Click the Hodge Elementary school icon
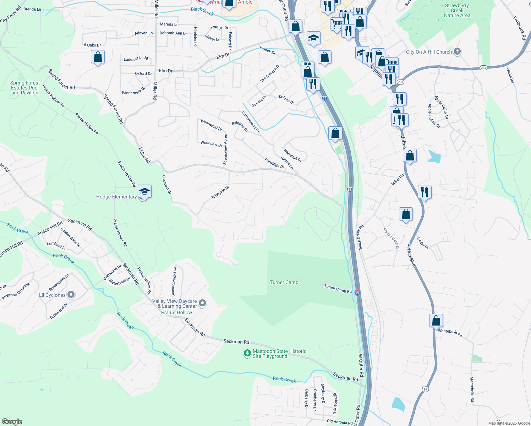click(144, 192)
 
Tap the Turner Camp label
click(284, 283)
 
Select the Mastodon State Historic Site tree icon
click(247, 353)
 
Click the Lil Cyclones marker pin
click(71, 295)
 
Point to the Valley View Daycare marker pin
click(202, 303)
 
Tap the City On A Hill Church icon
click(457, 51)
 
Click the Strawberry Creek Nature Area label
click(457, 11)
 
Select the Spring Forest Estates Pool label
click(25, 88)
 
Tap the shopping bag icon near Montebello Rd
click(436, 321)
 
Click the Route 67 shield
click(425, 389)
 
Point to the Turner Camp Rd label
click(338, 289)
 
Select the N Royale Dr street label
click(220, 192)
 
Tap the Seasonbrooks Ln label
click(174, 282)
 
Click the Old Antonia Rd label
click(340, 422)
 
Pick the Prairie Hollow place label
click(176, 313)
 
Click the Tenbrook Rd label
click(519, 25)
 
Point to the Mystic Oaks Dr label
click(391, 238)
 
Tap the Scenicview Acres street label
click(225, 149)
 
